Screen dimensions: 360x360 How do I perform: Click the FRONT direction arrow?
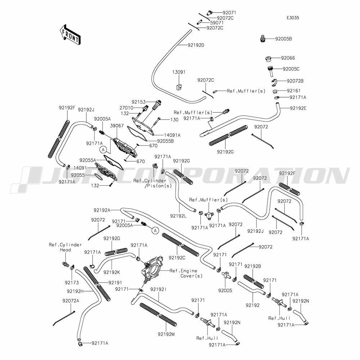[69, 35]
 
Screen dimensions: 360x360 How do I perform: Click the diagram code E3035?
[293, 18]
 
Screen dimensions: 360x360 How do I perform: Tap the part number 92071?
[229, 13]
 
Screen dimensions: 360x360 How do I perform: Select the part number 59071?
[217, 23]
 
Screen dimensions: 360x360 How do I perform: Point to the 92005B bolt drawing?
[264, 39]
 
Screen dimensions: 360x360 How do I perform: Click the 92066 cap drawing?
[268, 59]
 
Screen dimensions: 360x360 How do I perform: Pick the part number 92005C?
[291, 69]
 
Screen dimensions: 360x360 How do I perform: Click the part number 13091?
[179, 72]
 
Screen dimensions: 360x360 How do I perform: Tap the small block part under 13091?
[179, 87]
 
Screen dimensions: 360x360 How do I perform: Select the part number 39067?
[117, 126]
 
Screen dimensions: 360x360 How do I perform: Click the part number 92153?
[139, 102]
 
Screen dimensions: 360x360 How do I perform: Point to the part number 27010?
[126, 108]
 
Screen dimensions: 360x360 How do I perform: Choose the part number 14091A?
[172, 135]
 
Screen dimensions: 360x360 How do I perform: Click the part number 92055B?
[165, 141]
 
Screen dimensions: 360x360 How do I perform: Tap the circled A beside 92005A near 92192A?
[156, 230]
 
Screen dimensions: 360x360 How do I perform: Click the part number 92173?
[72, 283]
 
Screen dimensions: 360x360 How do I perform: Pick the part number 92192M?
[166, 334]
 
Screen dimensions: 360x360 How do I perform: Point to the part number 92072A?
[71, 301]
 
